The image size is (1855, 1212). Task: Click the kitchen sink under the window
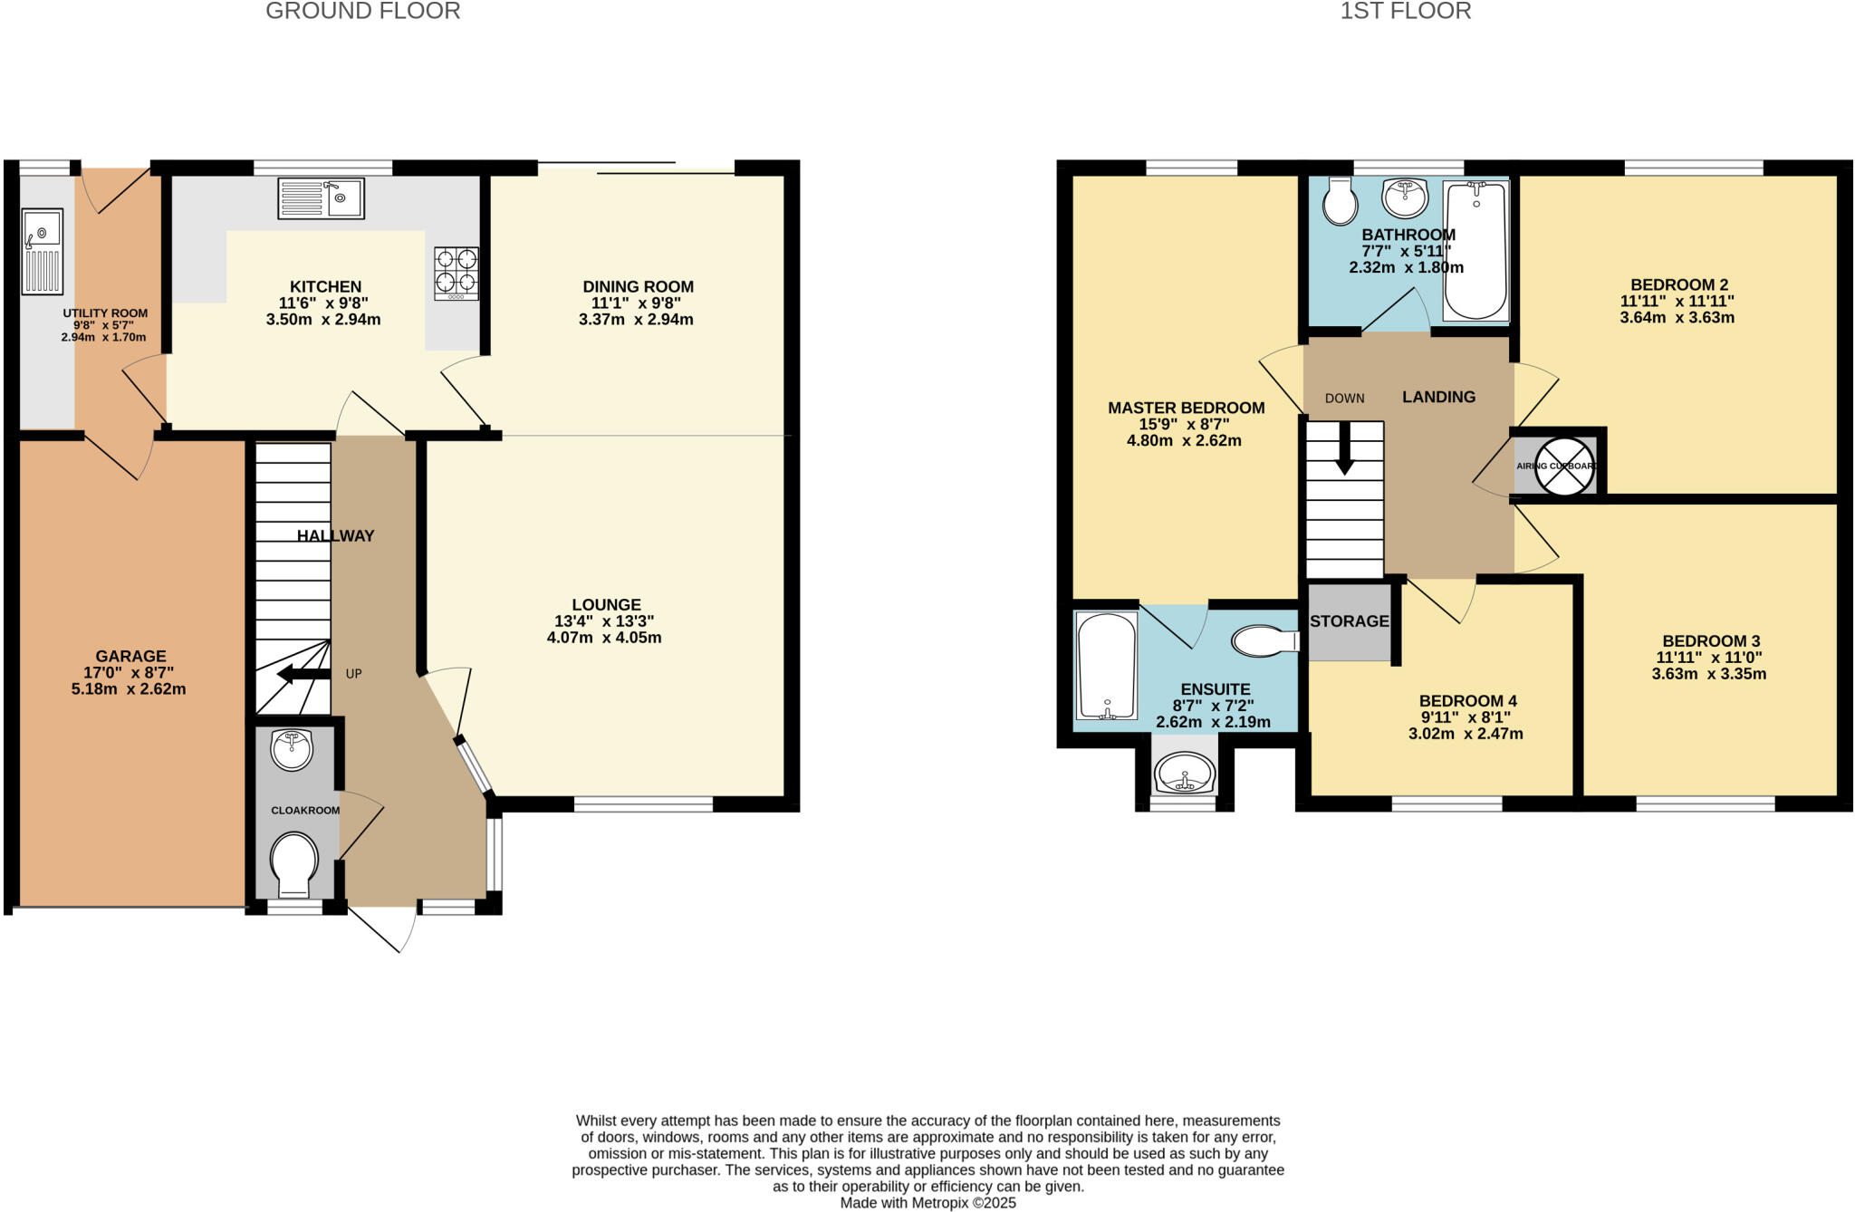click(322, 198)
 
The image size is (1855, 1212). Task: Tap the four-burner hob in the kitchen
click(457, 274)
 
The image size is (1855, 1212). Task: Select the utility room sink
click(42, 251)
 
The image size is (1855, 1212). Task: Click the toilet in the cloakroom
click(294, 861)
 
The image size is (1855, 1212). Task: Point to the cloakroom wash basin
click(292, 750)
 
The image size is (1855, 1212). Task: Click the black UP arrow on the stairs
click(303, 674)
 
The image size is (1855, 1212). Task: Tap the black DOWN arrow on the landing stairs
click(1344, 448)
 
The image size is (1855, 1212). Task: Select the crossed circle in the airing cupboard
click(1564, 466)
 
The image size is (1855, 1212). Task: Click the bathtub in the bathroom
click(1475, 251)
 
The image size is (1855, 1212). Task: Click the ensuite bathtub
click(1107, 666)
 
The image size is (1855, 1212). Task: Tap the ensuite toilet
click(1264, 641)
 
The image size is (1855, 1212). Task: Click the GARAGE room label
click(130, 656)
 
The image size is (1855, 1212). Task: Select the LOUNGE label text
click(606, 604)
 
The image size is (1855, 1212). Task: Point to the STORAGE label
click(1349, 621)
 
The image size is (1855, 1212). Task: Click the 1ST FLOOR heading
click(1405, 11)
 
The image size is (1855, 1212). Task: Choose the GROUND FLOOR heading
click(362, 11)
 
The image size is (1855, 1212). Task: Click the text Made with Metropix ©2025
click(927, 1203)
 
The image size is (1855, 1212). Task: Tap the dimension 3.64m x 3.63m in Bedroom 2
click(1677, 318)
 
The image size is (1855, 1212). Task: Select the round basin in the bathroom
click(1405, 197)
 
